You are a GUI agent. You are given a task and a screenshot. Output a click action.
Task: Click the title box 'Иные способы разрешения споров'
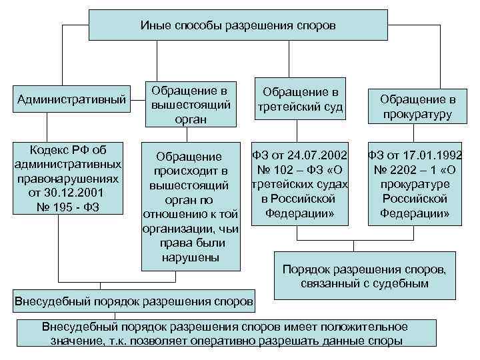point(238,25)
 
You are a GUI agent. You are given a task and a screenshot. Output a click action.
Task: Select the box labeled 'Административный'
point(71,100)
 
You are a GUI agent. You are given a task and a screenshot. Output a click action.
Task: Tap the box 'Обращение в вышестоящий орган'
point(191,104)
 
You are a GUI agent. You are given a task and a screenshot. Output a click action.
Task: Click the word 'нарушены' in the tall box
point(191,258)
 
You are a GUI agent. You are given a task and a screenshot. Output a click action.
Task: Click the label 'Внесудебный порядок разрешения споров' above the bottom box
point(134,301)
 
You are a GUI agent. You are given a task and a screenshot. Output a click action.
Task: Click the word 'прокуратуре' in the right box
point(414,185)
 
